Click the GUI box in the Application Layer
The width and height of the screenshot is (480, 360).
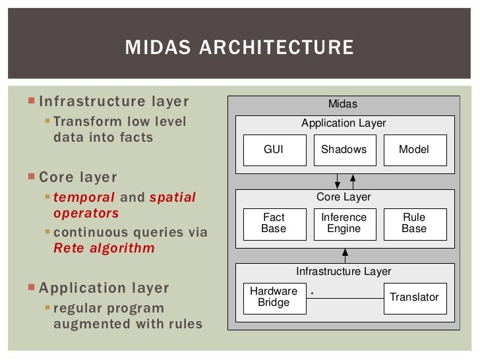[x=274, y=150]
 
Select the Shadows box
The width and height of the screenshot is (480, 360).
[x=344, y=150]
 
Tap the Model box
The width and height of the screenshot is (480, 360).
[x=414, y=150]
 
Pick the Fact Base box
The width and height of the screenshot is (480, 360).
[x=274, y=223]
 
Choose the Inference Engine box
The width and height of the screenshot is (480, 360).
[x=344, y=223]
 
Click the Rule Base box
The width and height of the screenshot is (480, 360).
[x=414, y=223]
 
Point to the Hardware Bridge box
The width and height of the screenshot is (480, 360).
[x=274, y=297]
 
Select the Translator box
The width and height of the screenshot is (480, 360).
[x=414, y=297]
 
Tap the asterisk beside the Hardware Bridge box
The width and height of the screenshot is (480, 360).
[x=311, y=293]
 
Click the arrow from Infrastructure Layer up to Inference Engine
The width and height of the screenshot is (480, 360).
[x=344, y=252]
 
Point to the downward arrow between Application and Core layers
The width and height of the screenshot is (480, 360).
[x=337, y=179]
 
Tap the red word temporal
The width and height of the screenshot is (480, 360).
[x=84, y=197]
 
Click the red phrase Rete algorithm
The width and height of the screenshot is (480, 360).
[x=104, y=248]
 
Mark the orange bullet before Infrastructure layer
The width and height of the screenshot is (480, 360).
[x=33, y=102]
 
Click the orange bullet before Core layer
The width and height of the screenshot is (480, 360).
[x=33, y=177]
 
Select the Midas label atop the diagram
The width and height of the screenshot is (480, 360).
[x=343, y=104]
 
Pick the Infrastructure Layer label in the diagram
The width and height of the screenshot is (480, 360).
[x=344, y=271]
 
